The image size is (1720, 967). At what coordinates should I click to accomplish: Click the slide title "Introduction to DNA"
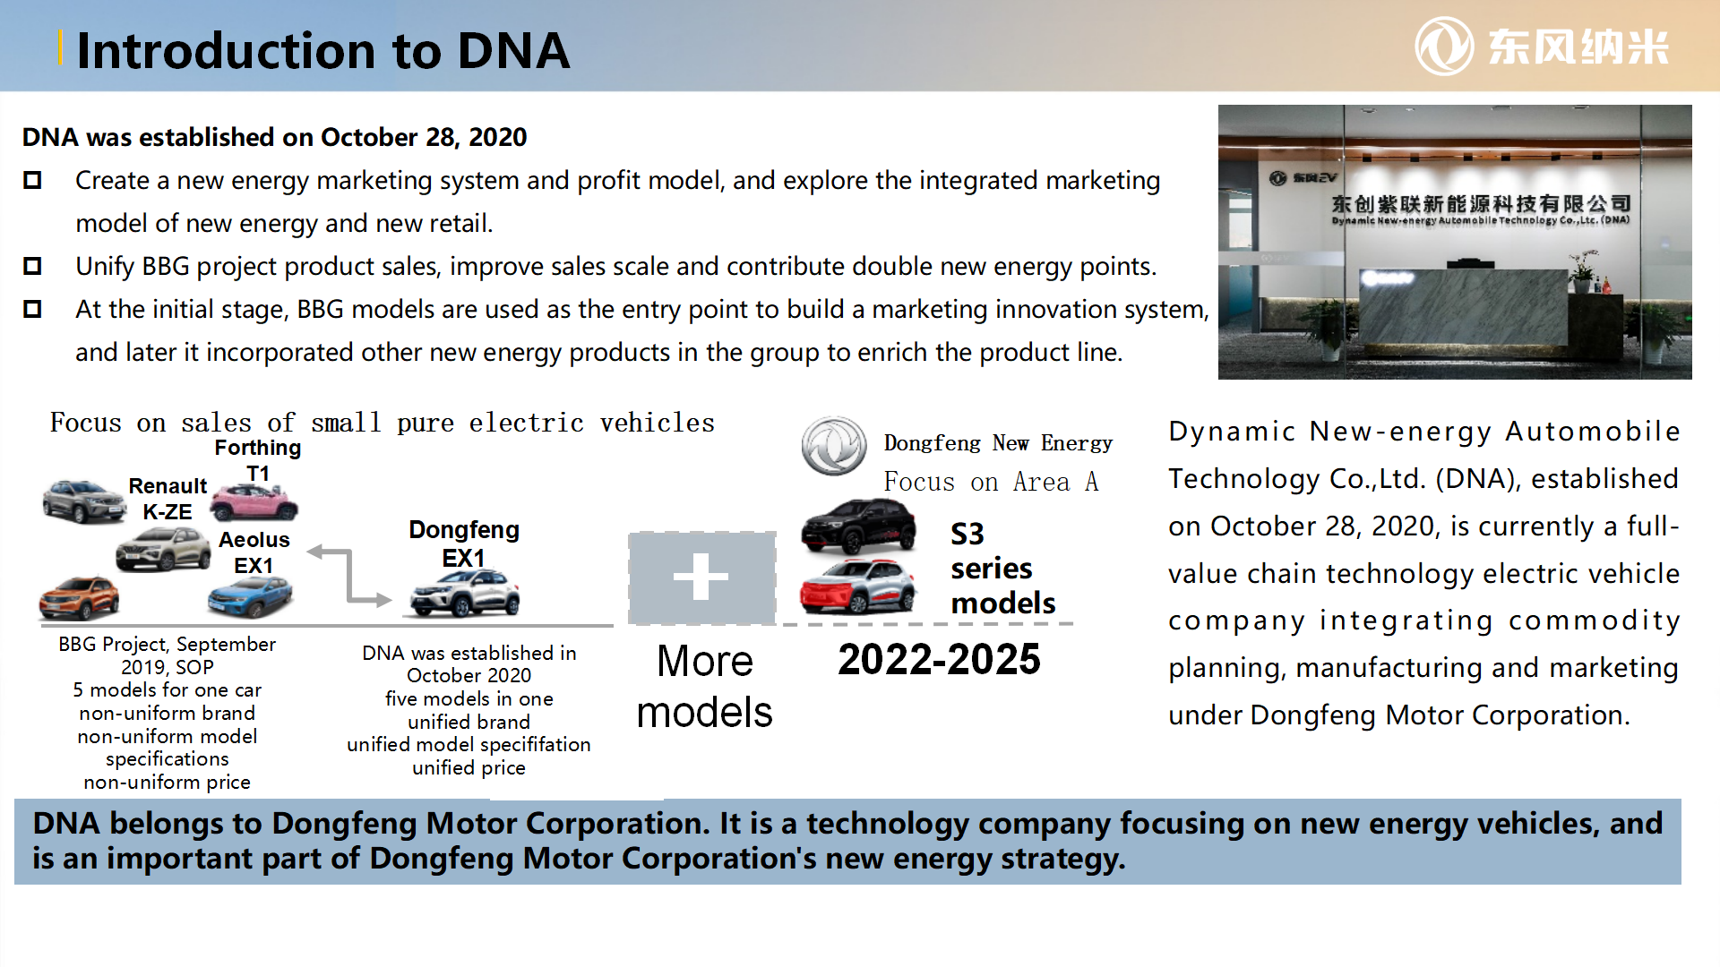tap(322, 50)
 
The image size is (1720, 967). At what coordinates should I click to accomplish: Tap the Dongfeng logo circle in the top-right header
tap(1444, 47)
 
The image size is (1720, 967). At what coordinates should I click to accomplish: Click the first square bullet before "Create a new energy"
tap(32, 180)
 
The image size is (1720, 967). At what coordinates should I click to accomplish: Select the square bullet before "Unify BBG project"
tap(32, 266)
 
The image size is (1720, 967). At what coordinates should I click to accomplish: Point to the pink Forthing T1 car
tap(254, 501)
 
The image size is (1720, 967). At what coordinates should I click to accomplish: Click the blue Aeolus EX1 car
tap(251, 596)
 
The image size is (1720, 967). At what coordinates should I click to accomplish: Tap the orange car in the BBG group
tap(79, 598)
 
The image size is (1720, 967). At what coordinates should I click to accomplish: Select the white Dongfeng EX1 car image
tap(465, 593)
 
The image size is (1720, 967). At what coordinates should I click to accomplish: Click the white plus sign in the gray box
tap(701, 576)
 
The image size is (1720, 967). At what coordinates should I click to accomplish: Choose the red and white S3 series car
tap(857, 586)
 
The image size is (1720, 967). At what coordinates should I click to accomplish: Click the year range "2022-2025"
tap(939, 660)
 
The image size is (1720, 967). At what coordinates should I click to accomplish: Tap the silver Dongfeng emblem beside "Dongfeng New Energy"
tap(834, 446)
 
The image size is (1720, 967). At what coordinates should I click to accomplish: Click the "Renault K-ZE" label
tap(168, 499)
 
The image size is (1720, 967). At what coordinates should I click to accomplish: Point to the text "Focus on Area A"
tap(991, 482)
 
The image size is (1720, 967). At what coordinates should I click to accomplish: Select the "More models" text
tap(705, 687)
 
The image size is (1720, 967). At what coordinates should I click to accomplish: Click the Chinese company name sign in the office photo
tap(1480, 204)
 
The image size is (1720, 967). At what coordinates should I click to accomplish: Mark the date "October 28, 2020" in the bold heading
tap(424, 137)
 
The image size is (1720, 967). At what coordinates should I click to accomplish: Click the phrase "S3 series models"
tap(1003, 569)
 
